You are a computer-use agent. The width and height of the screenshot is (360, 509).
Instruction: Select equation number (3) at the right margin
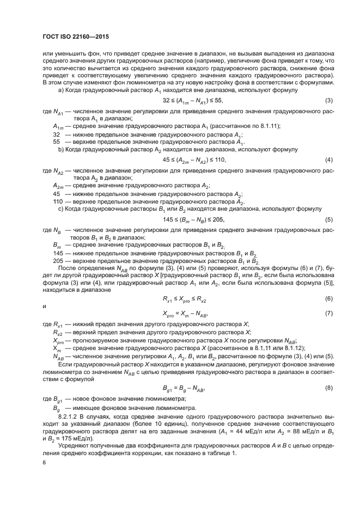[x=328, y=101]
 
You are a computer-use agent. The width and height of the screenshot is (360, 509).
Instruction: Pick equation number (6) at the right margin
[x=328, y=299]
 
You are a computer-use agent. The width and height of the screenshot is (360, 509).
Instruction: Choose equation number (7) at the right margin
[x=328, y=314]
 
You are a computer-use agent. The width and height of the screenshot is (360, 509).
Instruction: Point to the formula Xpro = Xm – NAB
[x=186, y=314]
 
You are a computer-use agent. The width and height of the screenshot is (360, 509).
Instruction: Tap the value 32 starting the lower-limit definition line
[x=56, y=134]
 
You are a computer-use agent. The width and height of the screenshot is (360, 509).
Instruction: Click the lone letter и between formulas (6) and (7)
[x=44, y=306]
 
